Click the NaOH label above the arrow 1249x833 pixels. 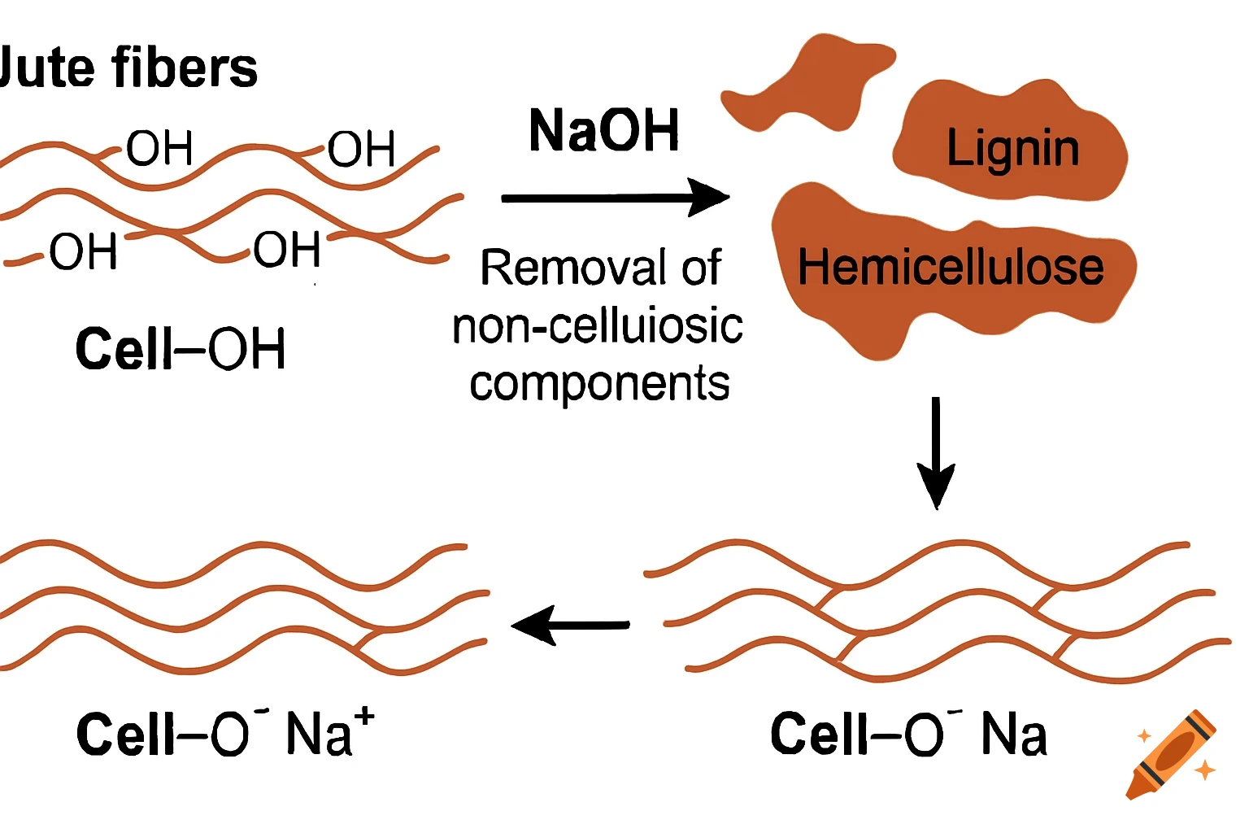pos(603,131)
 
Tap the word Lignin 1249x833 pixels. pos(1012,149)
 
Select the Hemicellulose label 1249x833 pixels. pos(951,267)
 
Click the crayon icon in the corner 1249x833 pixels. pos(1173,754)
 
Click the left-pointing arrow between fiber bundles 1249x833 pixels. pos(570,625)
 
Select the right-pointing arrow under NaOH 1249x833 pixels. pos(615,198)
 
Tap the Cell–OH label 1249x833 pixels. pos(180,349)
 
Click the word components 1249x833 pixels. pos(599,383)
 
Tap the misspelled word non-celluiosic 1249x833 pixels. pos(598,326)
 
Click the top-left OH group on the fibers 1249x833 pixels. pos(159,149)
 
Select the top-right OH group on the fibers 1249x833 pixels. pos(361,149)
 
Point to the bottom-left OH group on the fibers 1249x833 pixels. pos(83,251)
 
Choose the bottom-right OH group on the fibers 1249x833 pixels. pos(286,250)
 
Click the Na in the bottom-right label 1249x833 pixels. pos(1013,734)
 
